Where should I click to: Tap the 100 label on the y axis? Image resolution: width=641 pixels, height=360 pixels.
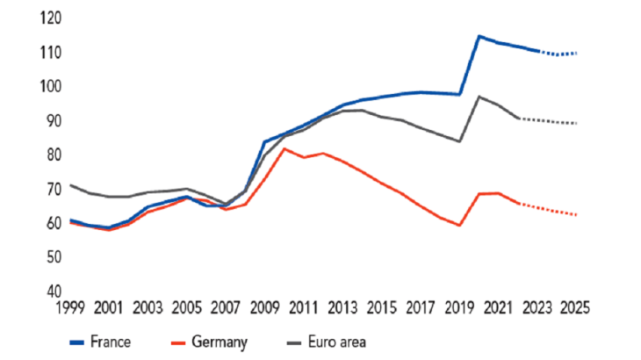pos(48,86)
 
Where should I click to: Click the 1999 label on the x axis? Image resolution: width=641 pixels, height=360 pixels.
pos(70,308)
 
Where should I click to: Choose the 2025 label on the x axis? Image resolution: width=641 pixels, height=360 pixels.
pos(575,308)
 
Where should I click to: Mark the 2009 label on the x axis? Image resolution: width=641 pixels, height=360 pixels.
pos(264,308)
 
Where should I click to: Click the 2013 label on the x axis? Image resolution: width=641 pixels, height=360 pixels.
pos(342,308)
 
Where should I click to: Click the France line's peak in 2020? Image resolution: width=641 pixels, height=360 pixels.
pos(479,36)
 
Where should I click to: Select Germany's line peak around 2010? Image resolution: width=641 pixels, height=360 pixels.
pos(284,148)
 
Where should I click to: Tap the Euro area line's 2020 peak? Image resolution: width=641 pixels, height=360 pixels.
pos(479,97)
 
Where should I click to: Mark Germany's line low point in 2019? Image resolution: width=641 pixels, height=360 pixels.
pos(459,226)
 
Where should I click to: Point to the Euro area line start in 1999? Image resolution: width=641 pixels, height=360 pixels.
pos(70,185)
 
